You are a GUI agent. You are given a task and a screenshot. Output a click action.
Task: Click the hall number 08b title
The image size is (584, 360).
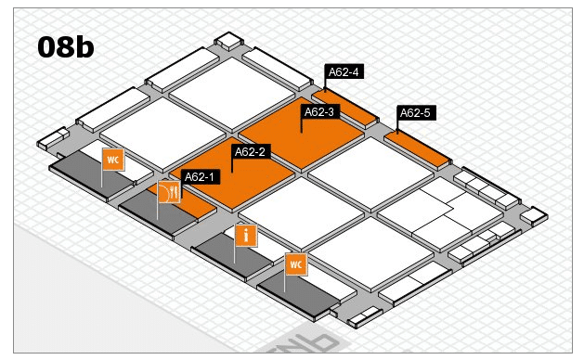click(66, 47)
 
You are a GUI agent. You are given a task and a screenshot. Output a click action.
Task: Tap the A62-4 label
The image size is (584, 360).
click(344, 71)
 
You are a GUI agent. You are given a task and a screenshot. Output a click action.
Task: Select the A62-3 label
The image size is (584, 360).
click(319, 111)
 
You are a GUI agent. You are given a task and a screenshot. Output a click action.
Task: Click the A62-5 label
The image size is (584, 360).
click(415, 112)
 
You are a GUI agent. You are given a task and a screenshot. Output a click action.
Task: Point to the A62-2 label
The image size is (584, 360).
click(251, 151)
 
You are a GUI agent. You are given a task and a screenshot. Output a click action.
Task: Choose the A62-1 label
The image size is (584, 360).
click(200, 177)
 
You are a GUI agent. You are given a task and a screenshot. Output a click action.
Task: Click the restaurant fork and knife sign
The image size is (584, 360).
click(170, 192)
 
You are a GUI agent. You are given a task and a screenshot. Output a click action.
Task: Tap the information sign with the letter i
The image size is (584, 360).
click(246, 236)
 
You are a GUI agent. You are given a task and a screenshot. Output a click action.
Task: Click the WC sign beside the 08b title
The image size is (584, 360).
click(113, 160)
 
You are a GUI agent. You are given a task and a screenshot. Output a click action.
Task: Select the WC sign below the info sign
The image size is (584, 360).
click(296, 264)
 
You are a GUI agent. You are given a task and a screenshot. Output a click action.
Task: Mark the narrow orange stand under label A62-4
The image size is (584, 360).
click(344, 107)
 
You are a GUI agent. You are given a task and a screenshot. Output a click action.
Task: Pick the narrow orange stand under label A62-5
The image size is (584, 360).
click(417, 148)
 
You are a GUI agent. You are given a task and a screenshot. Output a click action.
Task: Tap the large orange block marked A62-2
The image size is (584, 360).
click(232, 174)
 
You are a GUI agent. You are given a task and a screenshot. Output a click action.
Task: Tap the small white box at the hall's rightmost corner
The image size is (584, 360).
click(534, 216)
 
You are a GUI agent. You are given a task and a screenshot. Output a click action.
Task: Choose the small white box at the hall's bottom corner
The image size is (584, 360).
click(364, 316)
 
